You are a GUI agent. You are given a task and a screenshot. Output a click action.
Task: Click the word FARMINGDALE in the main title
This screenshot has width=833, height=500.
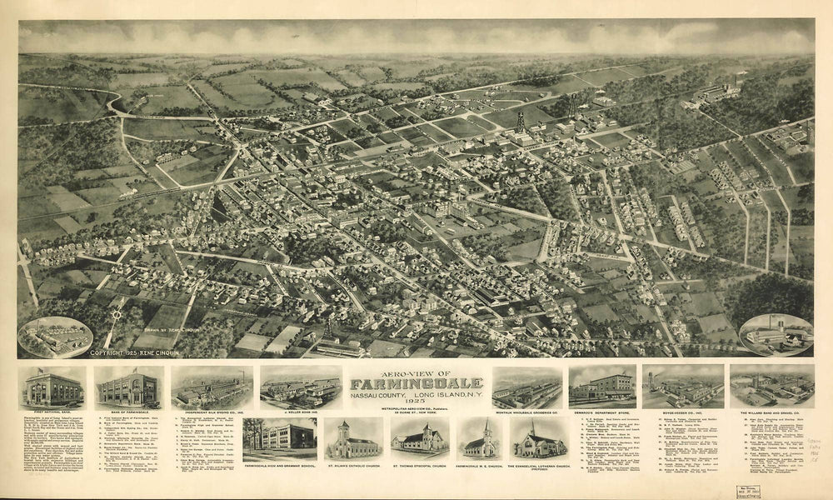416,383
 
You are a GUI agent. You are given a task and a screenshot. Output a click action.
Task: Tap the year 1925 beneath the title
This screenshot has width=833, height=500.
416,402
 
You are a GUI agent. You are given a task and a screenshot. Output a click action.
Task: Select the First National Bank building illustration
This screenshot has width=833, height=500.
52,387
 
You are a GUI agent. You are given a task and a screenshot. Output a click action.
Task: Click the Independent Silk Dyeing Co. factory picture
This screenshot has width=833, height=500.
212,387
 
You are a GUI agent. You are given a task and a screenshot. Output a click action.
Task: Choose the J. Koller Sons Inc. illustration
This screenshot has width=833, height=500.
300,387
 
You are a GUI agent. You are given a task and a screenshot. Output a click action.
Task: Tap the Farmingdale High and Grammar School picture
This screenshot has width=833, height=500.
280,437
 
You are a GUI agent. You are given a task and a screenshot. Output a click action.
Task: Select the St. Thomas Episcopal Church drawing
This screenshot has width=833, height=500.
419,439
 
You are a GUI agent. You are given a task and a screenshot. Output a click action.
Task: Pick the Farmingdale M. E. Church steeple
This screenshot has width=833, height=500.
486,429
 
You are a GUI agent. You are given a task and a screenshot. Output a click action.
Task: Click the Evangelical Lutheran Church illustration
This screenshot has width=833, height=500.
540,439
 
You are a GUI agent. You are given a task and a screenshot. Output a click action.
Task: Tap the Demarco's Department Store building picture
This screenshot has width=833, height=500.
601,387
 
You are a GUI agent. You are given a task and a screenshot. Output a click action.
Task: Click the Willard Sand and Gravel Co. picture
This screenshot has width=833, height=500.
771,387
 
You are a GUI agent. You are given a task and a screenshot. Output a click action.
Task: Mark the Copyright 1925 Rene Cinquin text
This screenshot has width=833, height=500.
137,353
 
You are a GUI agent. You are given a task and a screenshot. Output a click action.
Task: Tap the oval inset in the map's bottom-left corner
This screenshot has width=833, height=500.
55,337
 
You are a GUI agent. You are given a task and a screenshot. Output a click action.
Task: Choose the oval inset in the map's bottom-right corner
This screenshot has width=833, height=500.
776,334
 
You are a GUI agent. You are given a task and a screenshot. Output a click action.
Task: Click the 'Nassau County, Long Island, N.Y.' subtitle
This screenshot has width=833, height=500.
416,393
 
